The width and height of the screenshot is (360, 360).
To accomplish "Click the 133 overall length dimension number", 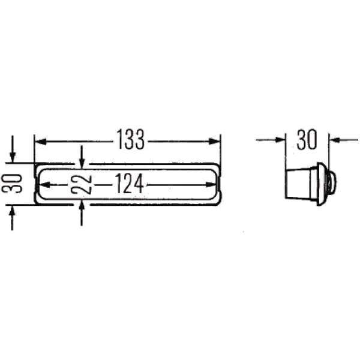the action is point(131,139).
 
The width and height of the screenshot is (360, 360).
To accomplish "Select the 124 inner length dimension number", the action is point(129,183).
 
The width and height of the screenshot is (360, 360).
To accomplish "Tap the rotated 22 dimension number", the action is point(81,184).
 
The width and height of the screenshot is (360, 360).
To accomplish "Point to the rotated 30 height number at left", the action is point(12,183).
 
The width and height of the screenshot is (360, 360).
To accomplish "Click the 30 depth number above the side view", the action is point(307,139).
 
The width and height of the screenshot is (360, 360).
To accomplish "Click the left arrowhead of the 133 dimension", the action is point(41,142).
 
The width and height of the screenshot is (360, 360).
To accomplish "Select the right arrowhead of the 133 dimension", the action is point(214,142).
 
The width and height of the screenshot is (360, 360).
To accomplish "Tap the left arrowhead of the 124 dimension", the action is point(45,185).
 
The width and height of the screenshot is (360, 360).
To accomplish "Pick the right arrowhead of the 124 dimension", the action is point(211,185).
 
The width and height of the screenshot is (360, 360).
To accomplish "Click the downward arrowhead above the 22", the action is point(82,163).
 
